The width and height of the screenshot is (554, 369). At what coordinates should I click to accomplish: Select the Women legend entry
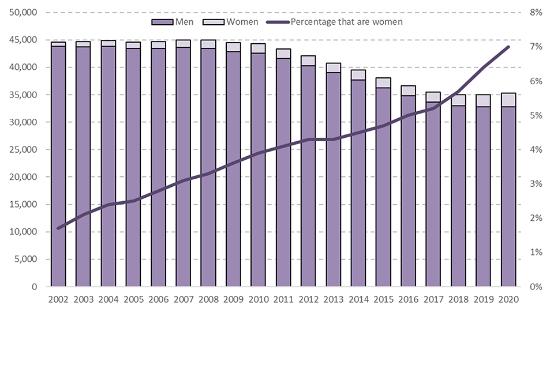point(234,22)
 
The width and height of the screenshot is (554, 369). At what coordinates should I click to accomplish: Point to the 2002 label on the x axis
point(58,299)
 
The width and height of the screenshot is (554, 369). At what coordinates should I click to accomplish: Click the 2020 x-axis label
point(508,299)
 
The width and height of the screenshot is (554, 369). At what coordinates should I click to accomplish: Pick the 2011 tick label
point(283,299)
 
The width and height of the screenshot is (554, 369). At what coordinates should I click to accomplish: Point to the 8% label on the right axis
point(536,13)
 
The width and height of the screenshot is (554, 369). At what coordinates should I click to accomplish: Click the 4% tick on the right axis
point(536,150)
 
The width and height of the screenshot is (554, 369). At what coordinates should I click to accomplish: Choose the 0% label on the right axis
point(536,287)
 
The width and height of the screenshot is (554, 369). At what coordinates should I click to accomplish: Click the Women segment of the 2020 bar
point(508,100)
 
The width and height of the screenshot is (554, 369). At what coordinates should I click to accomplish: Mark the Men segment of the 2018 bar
point(458,196)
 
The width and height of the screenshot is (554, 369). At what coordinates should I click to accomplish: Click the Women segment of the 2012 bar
point(308,61)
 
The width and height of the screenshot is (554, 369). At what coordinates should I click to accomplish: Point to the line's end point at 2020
point(508,47)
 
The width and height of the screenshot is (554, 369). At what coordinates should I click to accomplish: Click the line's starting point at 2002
point(58,228)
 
